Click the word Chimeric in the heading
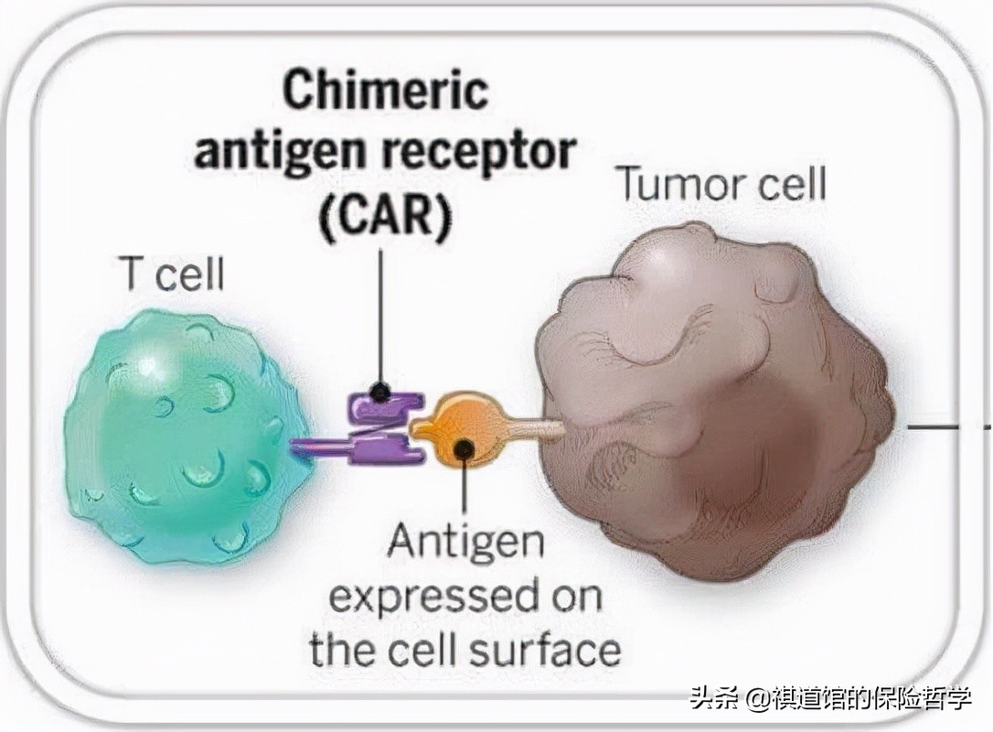coord(385,91)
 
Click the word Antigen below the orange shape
coord(465,542)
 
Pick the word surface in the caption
coord(545,650)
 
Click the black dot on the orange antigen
coord(465,449)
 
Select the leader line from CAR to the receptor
coord(380,311)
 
